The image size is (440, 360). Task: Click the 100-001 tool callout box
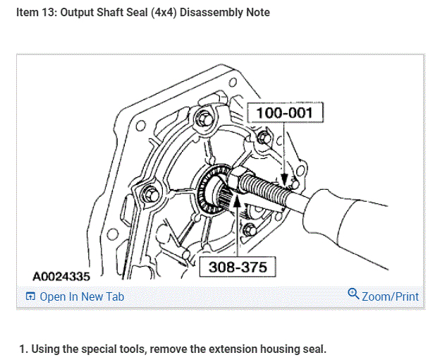[x=285, y=112]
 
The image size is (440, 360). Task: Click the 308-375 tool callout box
[x=238, y=267]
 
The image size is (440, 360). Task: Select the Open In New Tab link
[x=82, y=296]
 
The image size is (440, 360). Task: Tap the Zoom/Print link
[x=390, y=296]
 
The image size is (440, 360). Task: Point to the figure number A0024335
[x=61, y=277]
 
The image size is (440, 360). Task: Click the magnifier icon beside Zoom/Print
[x=353, y=294]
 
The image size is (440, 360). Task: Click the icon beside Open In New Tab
[x=30, y=296]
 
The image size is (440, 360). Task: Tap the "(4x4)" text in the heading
[x=164, y=13]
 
